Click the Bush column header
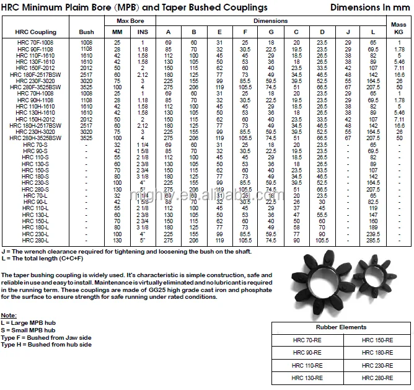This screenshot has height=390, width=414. [x=87, y=32]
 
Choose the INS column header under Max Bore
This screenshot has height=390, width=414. [x=143, y=32]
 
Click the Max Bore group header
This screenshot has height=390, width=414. [x=130, y=22]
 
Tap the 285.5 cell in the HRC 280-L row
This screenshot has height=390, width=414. [x=373, y=239]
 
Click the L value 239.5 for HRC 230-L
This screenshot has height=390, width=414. [x=373, y=234]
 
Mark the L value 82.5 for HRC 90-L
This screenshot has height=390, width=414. [x=373, y=202]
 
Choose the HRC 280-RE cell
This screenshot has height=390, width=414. [x=377, y=378]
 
